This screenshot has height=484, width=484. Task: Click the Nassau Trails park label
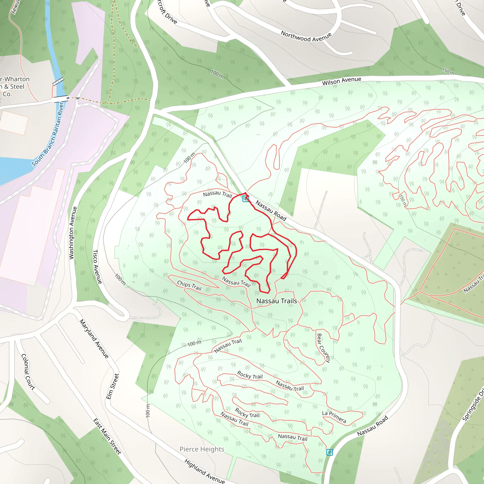[276, 301]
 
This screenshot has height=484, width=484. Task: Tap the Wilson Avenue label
[341, 81]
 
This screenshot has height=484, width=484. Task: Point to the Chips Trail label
[189, 285]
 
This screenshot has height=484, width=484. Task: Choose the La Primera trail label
[334, 417]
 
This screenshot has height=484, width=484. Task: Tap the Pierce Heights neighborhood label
[202, 449]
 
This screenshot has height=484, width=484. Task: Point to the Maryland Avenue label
[94, 339]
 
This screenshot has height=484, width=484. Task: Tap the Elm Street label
[112, 386]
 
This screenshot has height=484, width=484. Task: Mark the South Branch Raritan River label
[48, 134]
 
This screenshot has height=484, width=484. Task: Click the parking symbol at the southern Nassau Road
[329, 452]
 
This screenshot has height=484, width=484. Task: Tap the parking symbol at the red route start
[246, 199]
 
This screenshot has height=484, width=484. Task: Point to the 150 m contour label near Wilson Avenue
[448, 71]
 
